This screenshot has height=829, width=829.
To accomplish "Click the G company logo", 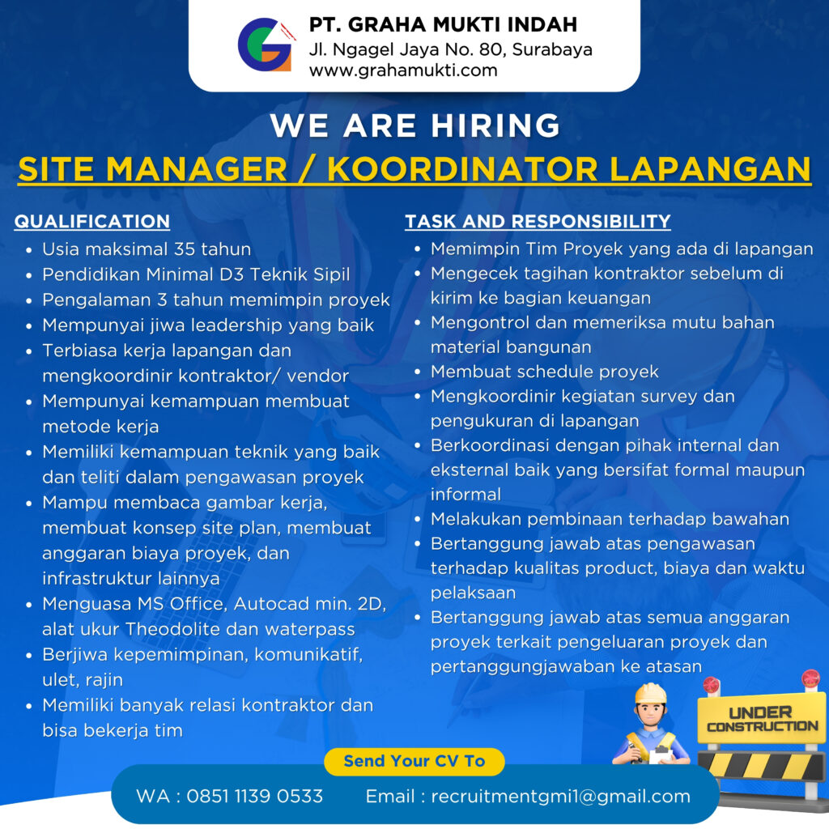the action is point(266,45).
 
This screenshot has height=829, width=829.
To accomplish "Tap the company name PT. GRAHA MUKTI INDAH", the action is point(443,24).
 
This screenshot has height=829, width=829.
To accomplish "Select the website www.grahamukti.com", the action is point(403,70).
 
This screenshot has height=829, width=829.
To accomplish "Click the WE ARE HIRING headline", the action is point(414,125).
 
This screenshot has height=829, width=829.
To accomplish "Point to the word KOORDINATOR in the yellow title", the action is point(462,169).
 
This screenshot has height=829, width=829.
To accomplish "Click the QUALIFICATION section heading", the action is point(92,221).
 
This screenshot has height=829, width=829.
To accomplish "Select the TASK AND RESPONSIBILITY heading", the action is point(538,221).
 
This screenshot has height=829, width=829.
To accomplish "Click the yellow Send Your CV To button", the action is point(414,761).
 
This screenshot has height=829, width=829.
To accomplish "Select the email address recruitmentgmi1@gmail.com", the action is point(560,797).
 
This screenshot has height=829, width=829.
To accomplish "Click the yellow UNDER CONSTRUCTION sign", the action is point(762,720).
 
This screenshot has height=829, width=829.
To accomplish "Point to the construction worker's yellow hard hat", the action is point(651,693).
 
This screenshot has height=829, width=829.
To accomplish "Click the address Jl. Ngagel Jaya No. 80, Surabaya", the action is point(450,49).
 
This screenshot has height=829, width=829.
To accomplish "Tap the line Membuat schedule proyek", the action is point(545,372).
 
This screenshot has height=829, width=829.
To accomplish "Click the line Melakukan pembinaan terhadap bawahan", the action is point(610,519).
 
